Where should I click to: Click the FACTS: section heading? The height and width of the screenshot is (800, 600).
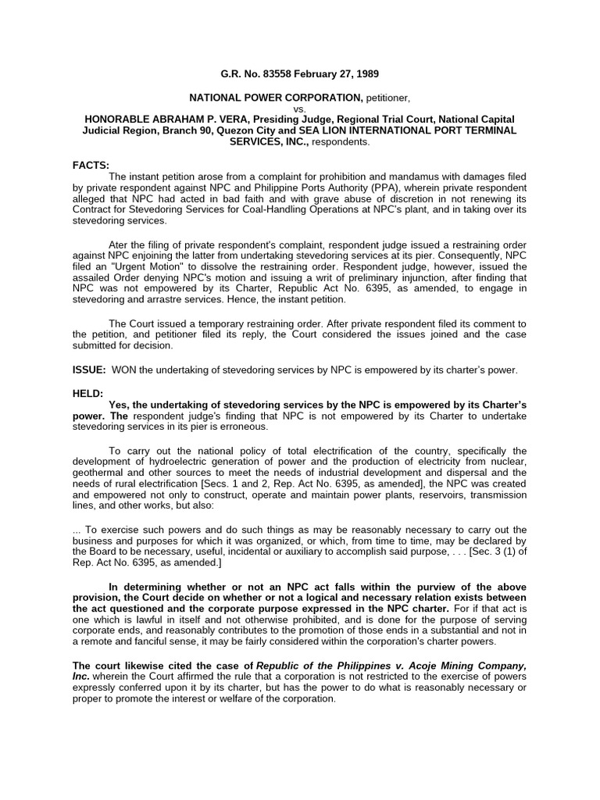[91, 165]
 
